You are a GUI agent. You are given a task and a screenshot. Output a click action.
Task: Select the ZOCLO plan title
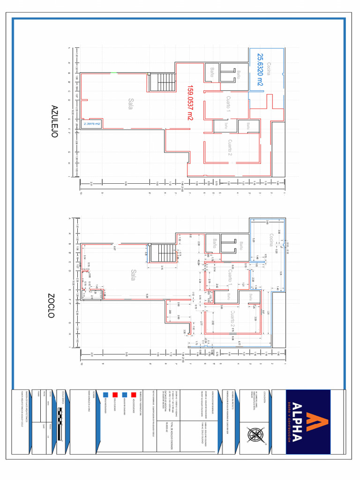click(x=52, y=306)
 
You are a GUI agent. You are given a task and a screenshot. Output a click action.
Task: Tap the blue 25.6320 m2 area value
click(x=260, y=70)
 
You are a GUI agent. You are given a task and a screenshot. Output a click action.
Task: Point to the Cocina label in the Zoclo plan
click(x=270, y=240)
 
